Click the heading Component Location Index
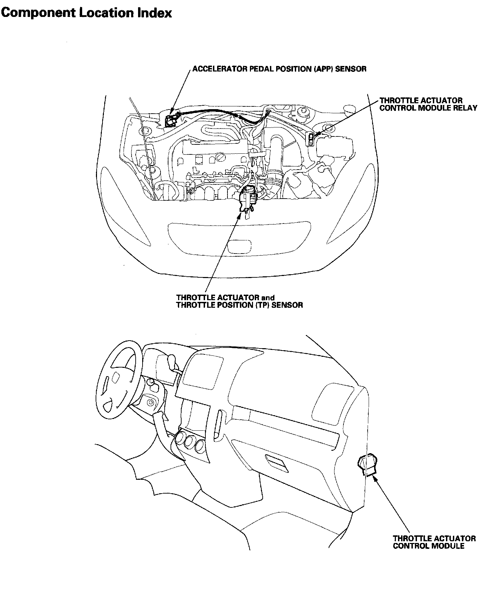click(x=86, y=13)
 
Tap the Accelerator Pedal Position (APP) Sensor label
click(x=279, y=69)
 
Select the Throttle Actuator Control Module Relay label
click(x=428, y=104)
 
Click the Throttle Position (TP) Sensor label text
click(x=239, y=305)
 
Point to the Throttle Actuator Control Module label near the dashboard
click(x=434, y=542)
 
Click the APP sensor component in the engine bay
click(x=171, y=120)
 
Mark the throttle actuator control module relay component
click(x=311, y=139)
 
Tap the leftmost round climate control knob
click(x=180, y=438)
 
